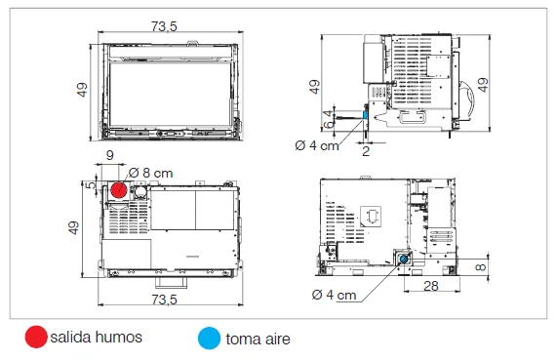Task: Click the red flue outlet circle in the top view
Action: pos(119,190)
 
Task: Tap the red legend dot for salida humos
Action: pos(36,337)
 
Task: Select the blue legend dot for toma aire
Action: pos(209,338)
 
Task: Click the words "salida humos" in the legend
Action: pos(96,337)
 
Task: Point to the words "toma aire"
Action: pos(258,339)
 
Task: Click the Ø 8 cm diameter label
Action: pos(150,173)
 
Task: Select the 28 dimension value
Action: pos(431,286)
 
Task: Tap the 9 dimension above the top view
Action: pos(110,155)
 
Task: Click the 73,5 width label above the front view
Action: pos(164,26)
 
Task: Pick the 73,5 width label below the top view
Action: pos(164,300)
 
